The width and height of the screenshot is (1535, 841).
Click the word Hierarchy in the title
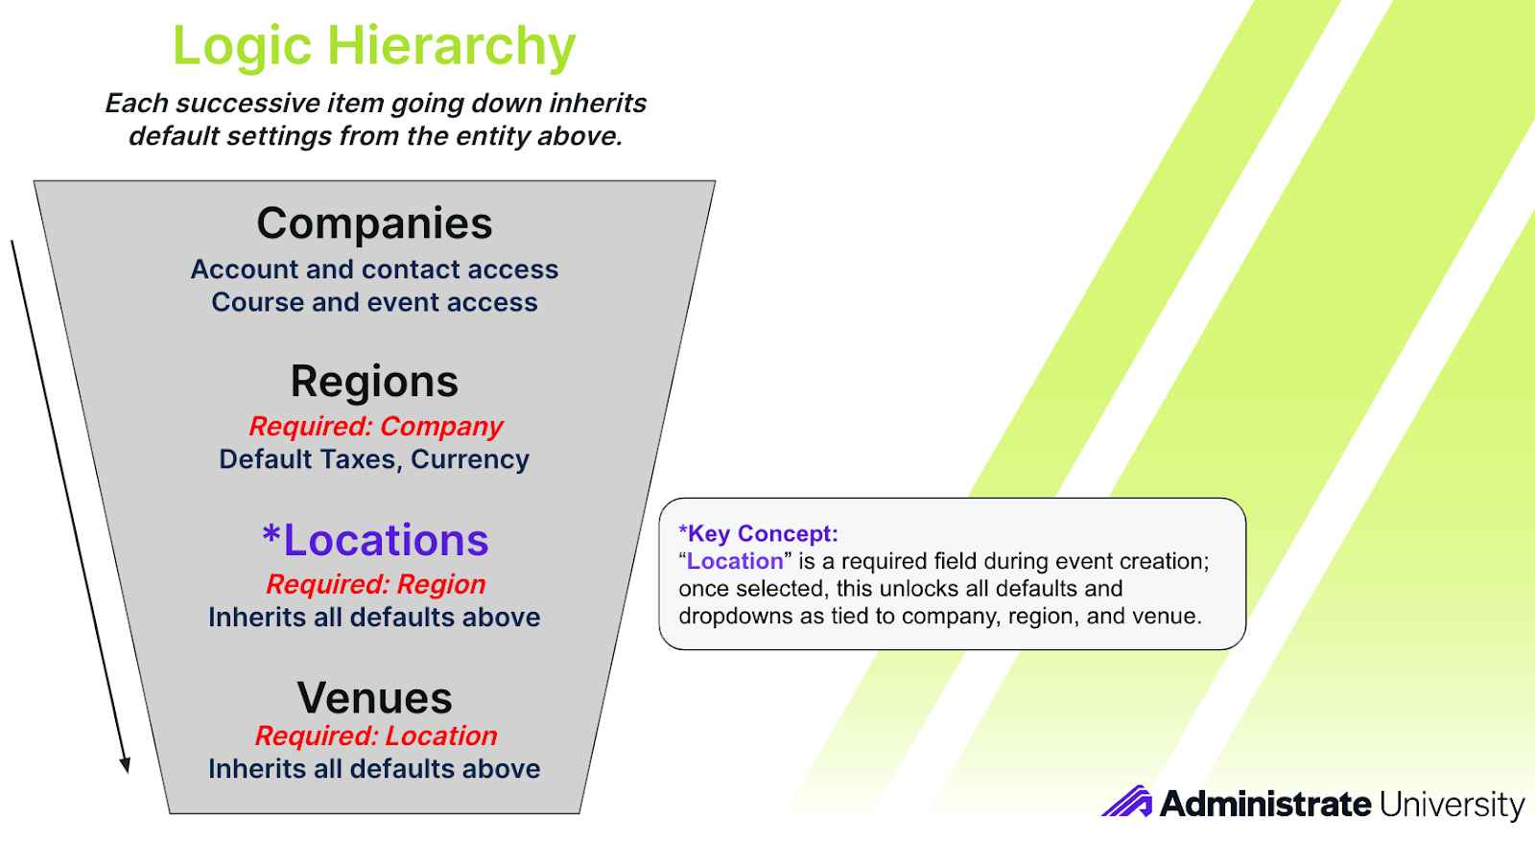click(452, 46)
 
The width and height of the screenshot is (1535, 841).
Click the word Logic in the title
click(242, 46)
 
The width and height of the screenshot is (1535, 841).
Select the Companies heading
click(374, 223)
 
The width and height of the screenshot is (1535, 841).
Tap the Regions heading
click(374, 382)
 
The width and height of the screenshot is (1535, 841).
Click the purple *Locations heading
click(375, 540)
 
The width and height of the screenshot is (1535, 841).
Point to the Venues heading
click(374, 698)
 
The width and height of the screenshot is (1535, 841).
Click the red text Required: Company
click(375, 426)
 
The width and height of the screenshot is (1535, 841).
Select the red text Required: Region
click(375, 584)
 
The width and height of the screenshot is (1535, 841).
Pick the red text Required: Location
click(375, 736)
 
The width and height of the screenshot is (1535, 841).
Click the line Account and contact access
click(374, 269)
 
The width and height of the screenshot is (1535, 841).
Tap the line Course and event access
click(374, 302)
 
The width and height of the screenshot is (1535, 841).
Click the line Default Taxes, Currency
click(374, 458)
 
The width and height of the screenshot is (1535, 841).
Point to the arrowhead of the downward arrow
click(126, 765)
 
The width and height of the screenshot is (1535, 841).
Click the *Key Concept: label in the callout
click(758, 533)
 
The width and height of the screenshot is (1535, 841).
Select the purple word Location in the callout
click(735, 561)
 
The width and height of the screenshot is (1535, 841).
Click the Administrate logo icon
click(1127, 802)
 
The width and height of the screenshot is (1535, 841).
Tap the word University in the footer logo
click(1452, 804)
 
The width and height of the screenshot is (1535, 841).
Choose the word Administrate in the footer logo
click(1265, 804)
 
